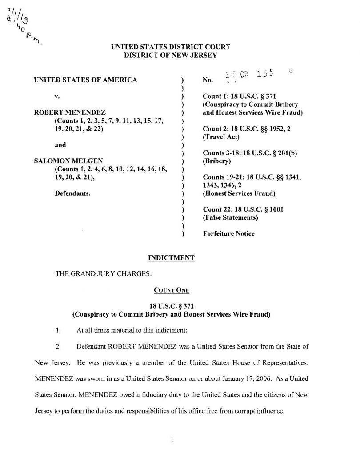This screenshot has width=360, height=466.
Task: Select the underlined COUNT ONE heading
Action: (x=171, y=290)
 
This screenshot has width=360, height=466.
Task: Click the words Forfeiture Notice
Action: (x=228, y=233)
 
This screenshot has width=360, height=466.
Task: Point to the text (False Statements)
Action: (x=230, y=217)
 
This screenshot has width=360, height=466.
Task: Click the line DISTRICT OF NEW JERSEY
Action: (x=170, y=56)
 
